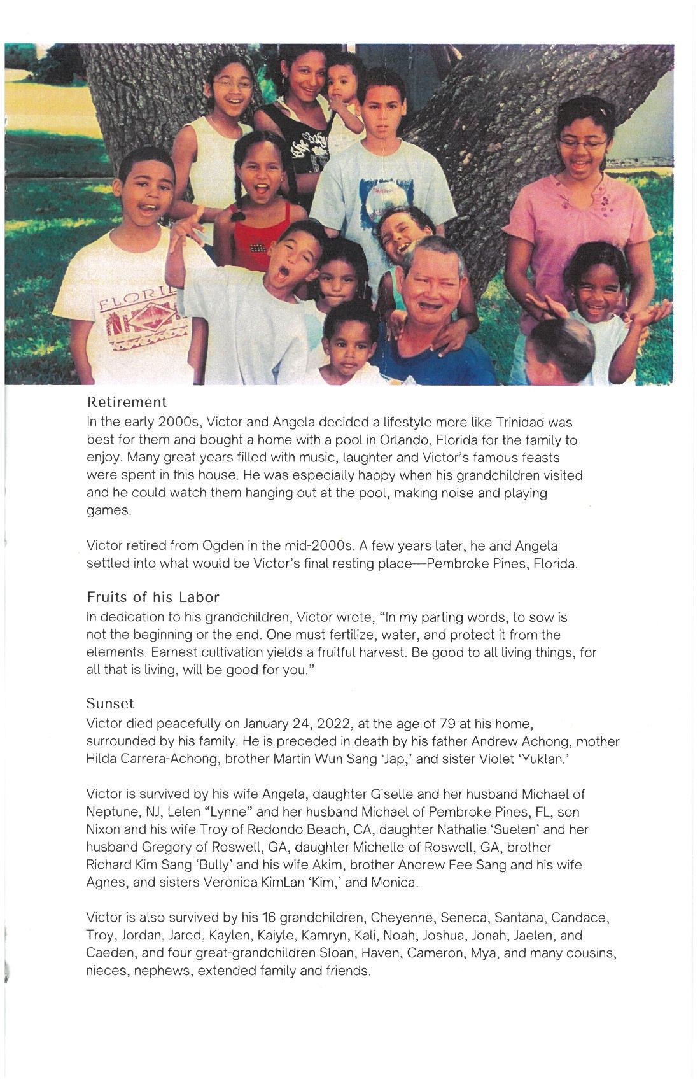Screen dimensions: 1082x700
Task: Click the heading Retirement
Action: pyautogui.click(x=127, y=402)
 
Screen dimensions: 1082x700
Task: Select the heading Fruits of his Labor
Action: pyautogui.click(x=153, y=598)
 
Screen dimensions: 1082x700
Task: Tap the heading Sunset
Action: pyautogui.click(x=110, y=704)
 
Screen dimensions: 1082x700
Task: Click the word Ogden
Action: pyautogui.click(x=220, y=546)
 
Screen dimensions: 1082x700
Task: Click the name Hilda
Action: pyautogui.click(x=103, y=759)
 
